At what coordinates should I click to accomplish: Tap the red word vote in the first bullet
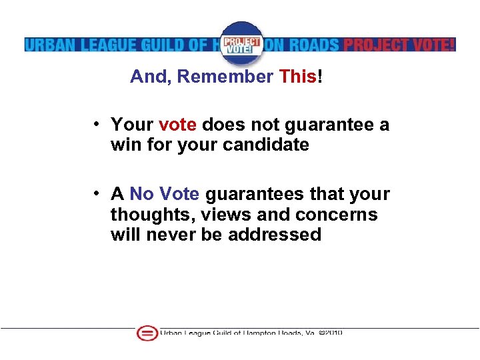178,125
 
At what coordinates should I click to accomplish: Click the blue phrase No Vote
165,194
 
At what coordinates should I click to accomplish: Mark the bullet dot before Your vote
97,125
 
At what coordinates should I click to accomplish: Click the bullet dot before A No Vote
97,194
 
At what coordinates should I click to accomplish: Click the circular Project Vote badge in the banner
241,43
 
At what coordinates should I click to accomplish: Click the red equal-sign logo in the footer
147,333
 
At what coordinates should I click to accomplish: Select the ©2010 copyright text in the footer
331,333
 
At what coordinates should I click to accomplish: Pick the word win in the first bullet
123,144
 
